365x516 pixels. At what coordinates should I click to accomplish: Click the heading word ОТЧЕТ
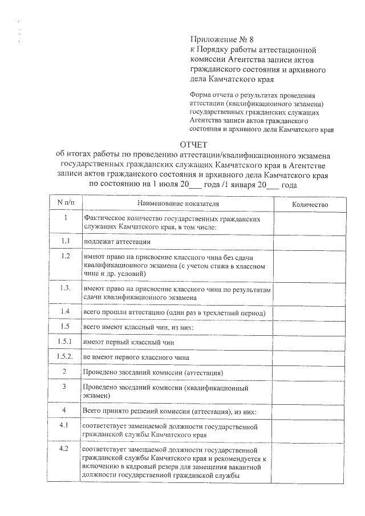click(194, 144)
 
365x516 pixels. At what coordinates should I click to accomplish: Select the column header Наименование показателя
click(179, 204)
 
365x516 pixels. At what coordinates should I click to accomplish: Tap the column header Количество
click(310, 204)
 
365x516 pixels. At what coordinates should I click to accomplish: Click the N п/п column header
click(66, 204)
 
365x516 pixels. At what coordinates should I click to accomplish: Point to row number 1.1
click(66, 241)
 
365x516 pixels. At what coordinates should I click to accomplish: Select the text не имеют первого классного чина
click(136, 357)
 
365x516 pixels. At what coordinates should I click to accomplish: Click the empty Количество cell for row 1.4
click(310, 312)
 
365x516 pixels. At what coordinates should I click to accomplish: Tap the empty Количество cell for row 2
click(310, 372)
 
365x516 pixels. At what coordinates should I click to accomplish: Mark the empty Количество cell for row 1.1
click(310, 242)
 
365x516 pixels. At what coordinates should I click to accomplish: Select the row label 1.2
click(66, 256)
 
